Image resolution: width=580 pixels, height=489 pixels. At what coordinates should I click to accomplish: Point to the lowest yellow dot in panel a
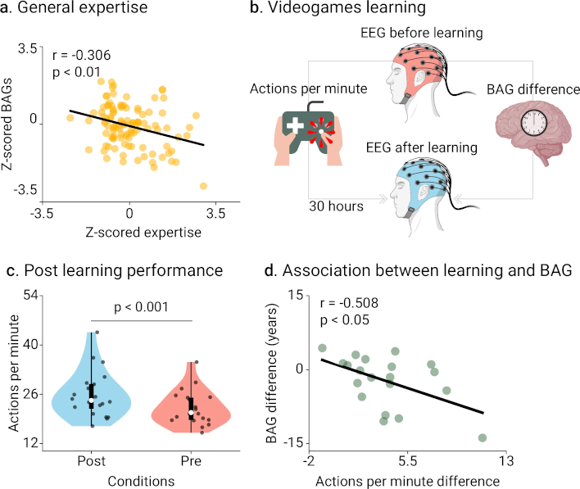point(204,186)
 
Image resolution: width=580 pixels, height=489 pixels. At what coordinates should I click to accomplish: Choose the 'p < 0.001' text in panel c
point(139,308)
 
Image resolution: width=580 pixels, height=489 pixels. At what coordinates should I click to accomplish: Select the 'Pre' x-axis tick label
point(191,461)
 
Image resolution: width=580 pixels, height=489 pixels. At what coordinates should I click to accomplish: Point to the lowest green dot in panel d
point(483,437)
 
